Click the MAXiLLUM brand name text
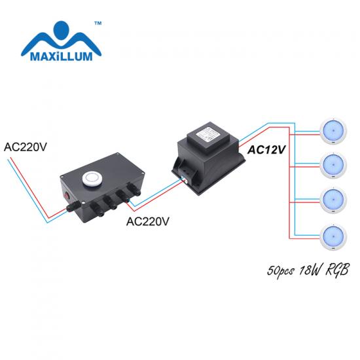[62, 56]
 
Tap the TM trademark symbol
[98, 24]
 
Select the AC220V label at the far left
[26, 147]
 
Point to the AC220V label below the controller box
[148, 221]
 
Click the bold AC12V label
[266, 150]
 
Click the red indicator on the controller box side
[67, 196]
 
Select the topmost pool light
[333, 131]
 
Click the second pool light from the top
[333, 165]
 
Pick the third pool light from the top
[333, 200]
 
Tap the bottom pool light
[333, 236]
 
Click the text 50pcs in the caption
[281, 271]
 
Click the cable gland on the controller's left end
[73, 206]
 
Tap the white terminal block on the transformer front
[185, 179]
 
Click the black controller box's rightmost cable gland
[134, 189]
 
